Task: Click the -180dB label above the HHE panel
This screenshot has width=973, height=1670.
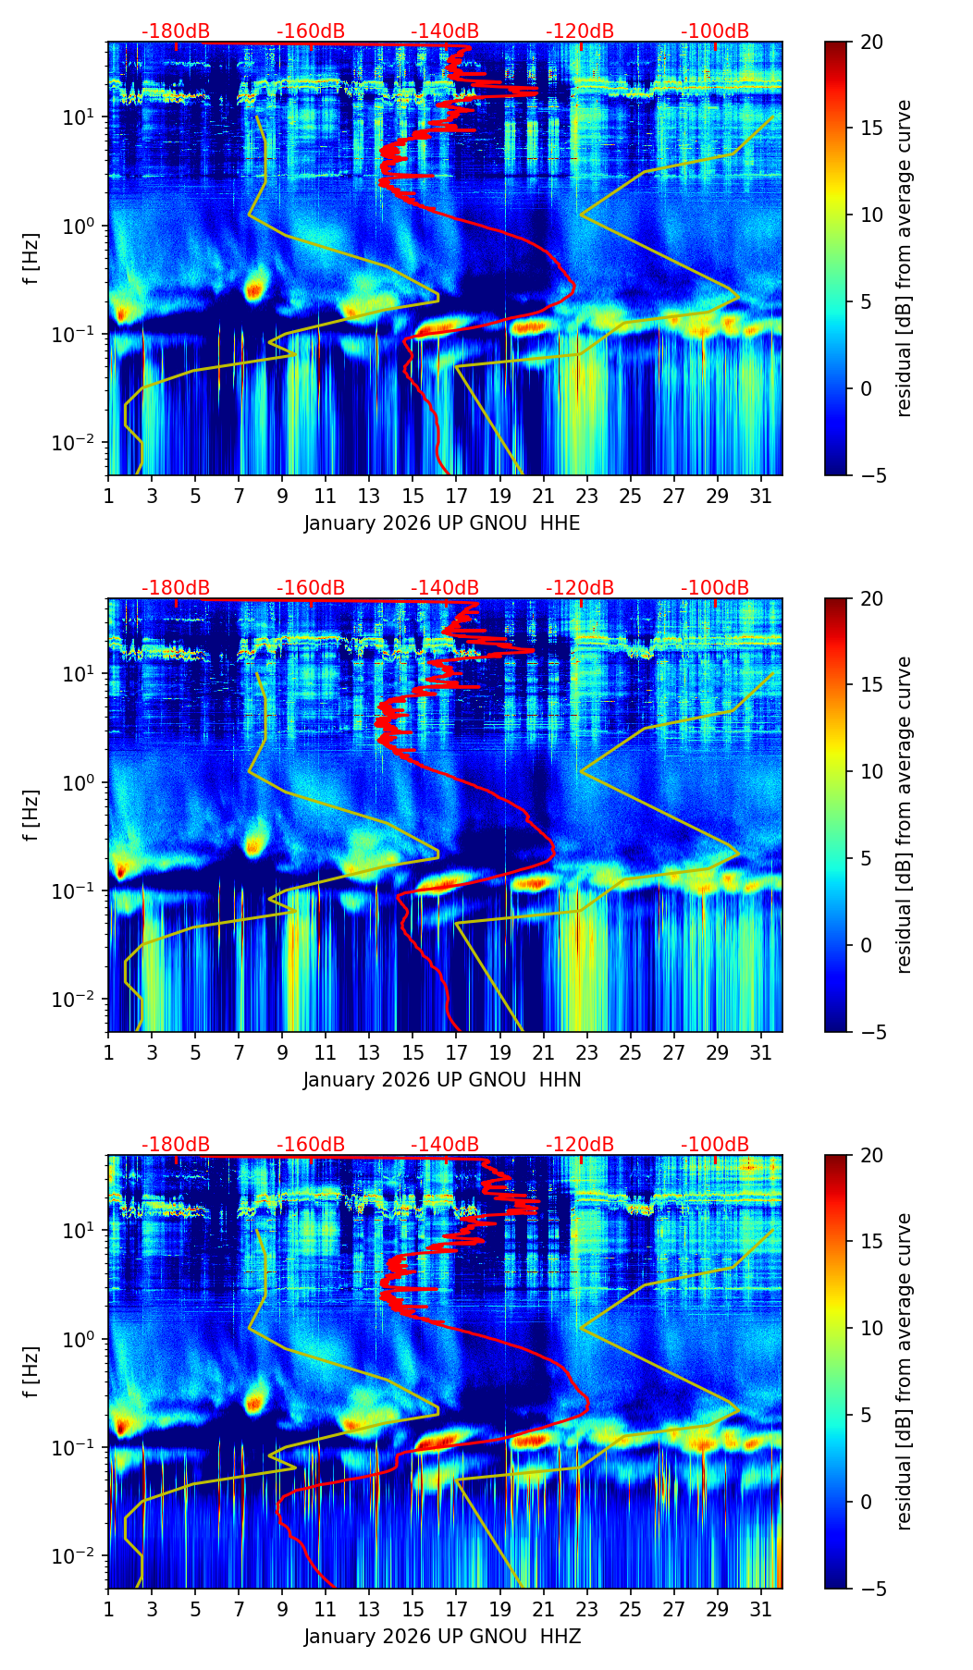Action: pos(176,31)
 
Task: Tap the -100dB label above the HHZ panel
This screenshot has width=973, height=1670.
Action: pos(715,1145)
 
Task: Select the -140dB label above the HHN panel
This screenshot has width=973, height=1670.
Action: pos(445,588)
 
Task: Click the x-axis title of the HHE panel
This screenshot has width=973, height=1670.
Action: pos(442,523)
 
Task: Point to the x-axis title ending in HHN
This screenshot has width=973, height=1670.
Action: pos(442,1080)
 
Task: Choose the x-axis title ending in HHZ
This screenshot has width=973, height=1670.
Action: pos(442,1637)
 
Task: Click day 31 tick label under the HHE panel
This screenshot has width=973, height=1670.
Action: pos(761,497)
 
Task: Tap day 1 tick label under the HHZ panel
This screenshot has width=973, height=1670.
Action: pos(108,1610)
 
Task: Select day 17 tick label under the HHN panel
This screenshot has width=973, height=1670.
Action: pos(456,1053)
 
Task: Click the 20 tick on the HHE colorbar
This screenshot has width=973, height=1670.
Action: pos(871,43)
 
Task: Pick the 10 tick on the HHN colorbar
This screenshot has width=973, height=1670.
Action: pos(871,771)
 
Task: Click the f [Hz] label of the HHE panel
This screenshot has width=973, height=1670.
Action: pos(32,258)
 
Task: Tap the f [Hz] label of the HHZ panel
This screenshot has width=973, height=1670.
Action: pos(32,1371)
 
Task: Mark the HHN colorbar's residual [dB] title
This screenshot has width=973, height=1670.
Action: pos(904,815)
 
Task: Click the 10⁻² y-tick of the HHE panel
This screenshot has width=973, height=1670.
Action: pos(80,444)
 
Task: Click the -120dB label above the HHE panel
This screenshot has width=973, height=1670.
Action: pos(580,31)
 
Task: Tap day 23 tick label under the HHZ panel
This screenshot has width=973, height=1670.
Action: pos(586,1610)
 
